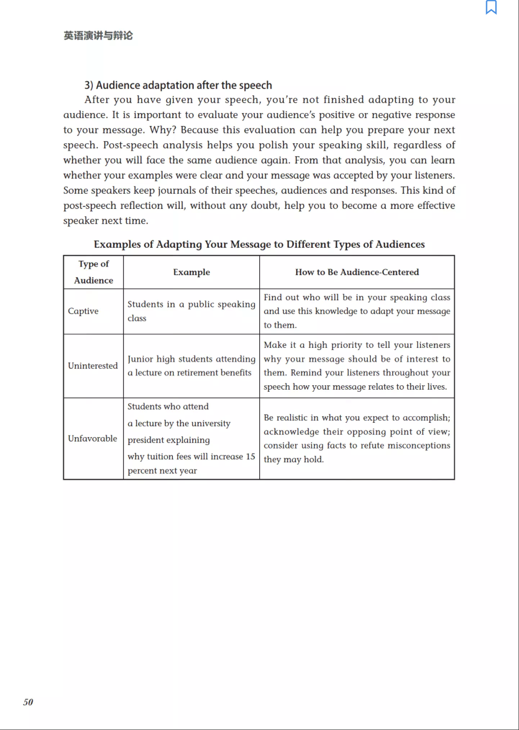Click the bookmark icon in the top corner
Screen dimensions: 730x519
[491, 7]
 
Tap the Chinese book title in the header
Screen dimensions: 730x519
[98, 36]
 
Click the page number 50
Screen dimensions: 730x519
[28, 702]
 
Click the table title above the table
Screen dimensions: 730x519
[259, 244]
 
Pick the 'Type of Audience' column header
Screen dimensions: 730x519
[94, 272]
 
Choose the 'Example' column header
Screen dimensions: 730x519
[192, 272]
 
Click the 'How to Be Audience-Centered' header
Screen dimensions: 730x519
[357, 272]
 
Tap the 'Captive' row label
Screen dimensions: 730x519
[83, 311]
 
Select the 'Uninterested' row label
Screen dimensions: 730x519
[93, 366]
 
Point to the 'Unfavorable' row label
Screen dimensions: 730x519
[93, 439]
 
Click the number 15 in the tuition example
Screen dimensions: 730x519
[250, 456]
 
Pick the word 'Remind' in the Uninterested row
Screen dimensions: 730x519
[308, 373]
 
